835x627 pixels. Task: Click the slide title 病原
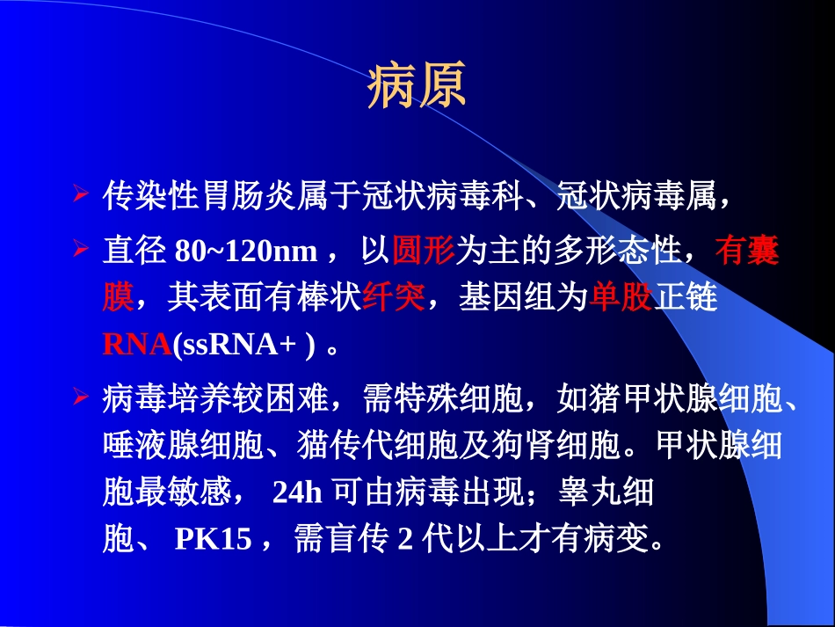[x=416, y=86]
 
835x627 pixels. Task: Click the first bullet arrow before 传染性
[x=80, y=192]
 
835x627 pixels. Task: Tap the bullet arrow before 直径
[x=80, y=252]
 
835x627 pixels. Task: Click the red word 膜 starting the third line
[x=118, y=299]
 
